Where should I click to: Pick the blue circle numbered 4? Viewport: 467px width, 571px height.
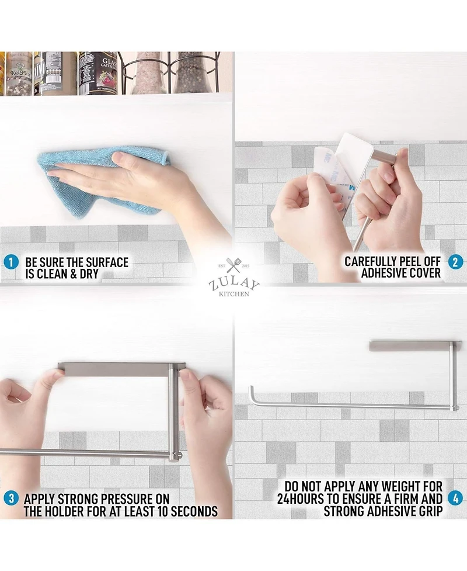pyautogui.click(x=455, y=500)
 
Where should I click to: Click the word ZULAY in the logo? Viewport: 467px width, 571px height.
pyautogui.click(x=234, y=285)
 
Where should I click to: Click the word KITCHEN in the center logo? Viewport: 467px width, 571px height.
pyautogui.click(x=234, y=294)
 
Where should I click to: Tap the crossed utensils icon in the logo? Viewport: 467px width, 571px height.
pyautogui.click(x=234, y=266)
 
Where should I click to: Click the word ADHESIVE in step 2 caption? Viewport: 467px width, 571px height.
pyautogui.click(x=387, y=273)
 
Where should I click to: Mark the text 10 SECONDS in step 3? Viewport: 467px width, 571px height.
pyautogui.click(x=187, y=511)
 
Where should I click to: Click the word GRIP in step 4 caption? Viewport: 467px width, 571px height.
pyautogui.click(x=427, y=511)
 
